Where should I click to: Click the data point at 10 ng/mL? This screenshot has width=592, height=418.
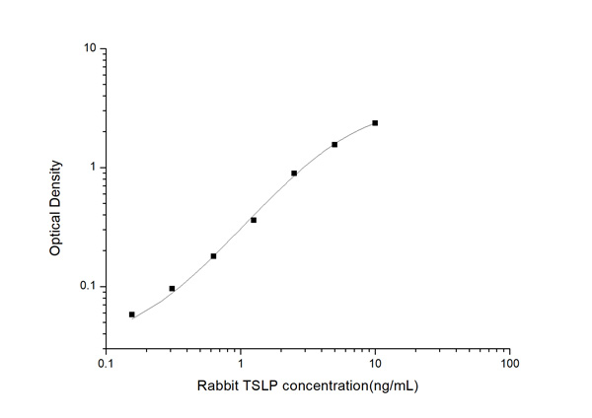point(375,123)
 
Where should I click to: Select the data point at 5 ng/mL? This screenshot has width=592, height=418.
point(334,144)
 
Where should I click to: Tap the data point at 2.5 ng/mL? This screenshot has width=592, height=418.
point(294,174)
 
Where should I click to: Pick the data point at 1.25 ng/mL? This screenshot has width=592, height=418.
point(254,220)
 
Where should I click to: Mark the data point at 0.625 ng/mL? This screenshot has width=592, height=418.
point(213,256)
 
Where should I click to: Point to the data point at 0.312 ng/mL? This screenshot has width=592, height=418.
point(172,289)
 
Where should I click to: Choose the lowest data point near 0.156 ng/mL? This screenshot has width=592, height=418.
point(132,314)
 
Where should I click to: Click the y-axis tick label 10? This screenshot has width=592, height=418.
point(89,48)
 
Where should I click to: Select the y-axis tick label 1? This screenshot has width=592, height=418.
point(92,168)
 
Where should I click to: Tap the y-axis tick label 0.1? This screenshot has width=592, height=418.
point(87,287)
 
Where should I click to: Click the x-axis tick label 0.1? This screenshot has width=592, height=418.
point(106,363)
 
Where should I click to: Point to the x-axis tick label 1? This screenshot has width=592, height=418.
point(241,363)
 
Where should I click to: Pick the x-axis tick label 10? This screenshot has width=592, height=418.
point(375,363)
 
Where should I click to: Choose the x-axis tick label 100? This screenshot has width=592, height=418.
point(509,363)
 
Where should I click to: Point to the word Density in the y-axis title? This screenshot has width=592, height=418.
point(56,183)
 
